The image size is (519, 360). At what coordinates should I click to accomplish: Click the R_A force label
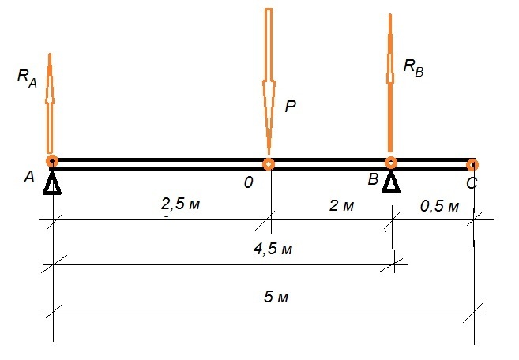coord(27,79)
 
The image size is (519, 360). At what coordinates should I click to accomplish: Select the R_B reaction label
coord(413,68)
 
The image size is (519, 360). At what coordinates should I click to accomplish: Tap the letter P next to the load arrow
coord(290,107)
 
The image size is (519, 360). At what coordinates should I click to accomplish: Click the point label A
coord(29,177)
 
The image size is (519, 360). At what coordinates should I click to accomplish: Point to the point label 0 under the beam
coord(249,182)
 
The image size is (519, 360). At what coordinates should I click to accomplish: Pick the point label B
coord(373,179)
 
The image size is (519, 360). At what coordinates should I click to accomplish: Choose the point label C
coord(472,183)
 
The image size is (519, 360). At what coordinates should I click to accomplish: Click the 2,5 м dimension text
coord(180,204)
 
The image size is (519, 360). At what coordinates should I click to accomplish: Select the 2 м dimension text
coord(341,206)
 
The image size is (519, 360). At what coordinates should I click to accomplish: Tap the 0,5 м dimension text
coord(439,207)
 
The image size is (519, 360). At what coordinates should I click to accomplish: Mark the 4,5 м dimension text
coord(273,249)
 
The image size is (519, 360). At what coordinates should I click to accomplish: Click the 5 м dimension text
coord(276,297)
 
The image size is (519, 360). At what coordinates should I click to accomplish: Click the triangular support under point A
coord(52,183)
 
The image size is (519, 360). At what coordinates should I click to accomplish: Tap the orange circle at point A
coord(52,161)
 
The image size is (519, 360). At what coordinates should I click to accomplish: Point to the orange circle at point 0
coord(269,163)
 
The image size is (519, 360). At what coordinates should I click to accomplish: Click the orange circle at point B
coord(391,163)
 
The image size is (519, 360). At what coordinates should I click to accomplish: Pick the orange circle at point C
coord(472,164)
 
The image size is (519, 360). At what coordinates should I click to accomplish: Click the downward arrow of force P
coord(269,81)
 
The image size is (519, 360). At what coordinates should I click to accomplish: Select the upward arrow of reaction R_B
coord(390,83)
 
